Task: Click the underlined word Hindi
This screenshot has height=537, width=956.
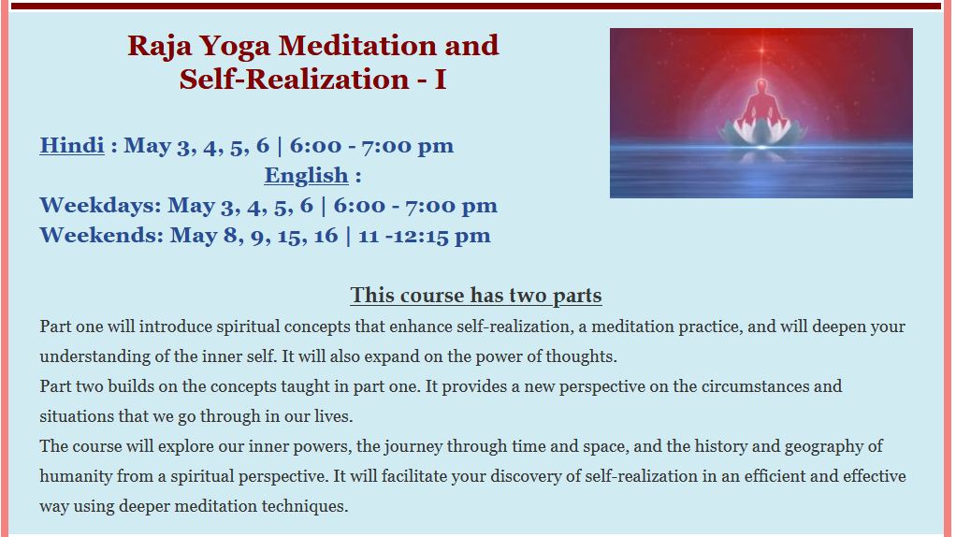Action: pyautogui.click(x=72, y=146)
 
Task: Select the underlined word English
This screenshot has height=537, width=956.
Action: pyautogui.click(x=306, y=176)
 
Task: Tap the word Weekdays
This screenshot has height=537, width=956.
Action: pyautogui.click(x=100, y=206)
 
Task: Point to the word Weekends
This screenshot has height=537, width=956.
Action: pyautogui.click(x=101, y=235)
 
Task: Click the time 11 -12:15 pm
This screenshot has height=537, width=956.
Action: pyautogui.click(x=425, y=236)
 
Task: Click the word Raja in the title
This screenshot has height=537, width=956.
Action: pyautogui.click(x=159, y=47)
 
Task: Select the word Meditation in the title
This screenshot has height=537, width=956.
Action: pyautogui.click(x=356, y=46)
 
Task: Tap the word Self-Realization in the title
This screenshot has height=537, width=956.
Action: pyautogui.click(x=294, y=80)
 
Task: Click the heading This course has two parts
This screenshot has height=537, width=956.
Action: pyautogui.click(x=476, y=295)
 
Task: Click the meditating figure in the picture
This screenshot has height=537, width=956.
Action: pyautogui.click(x=760, y=104)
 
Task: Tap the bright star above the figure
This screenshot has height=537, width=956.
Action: pyautogui.click(x=761, y=51)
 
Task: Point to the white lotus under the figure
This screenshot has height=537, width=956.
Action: pyautogui.click(x=762, y=132)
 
